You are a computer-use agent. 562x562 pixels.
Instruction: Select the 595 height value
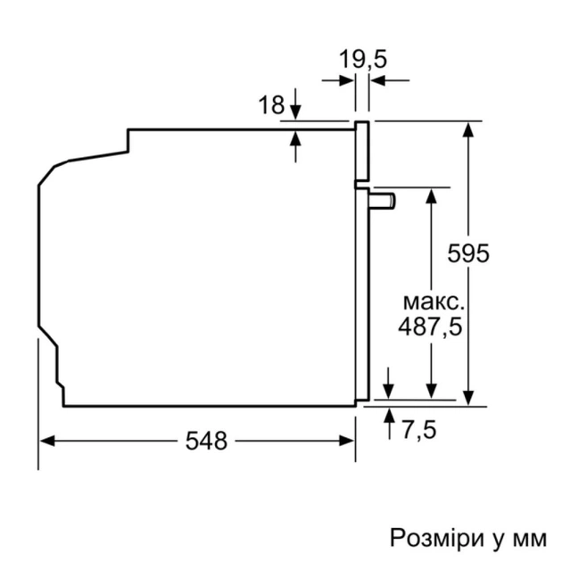click(x=469, y=253)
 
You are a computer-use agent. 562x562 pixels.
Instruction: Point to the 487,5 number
click(x=430, y=326)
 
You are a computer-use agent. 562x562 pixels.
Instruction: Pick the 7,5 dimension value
click(x=418, y=432)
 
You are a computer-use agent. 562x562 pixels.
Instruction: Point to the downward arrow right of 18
click(x=296, y=112)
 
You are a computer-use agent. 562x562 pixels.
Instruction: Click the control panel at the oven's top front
click(x=361, y=152)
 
